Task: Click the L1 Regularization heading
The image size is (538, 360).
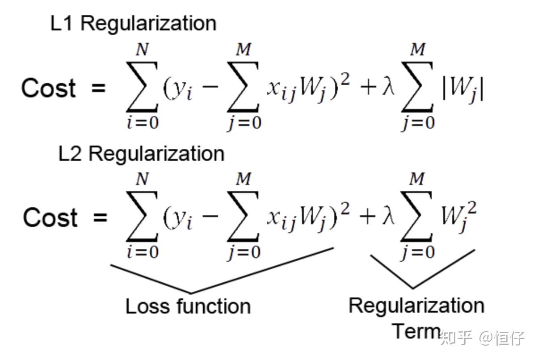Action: tap(133, 24)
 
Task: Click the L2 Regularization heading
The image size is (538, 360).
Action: tap(141, 154)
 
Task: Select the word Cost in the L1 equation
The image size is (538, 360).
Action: tap(49, 88)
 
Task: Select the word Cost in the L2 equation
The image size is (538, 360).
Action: tap(50, 218)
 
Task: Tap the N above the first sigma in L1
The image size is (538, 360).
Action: tap(142, 50)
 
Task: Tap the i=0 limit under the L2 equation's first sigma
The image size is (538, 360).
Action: tap(142, 253)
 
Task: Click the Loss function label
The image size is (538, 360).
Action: tap(188, 307)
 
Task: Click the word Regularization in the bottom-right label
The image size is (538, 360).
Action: tap(416, 306)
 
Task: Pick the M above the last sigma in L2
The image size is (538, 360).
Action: tap(417, 180)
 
